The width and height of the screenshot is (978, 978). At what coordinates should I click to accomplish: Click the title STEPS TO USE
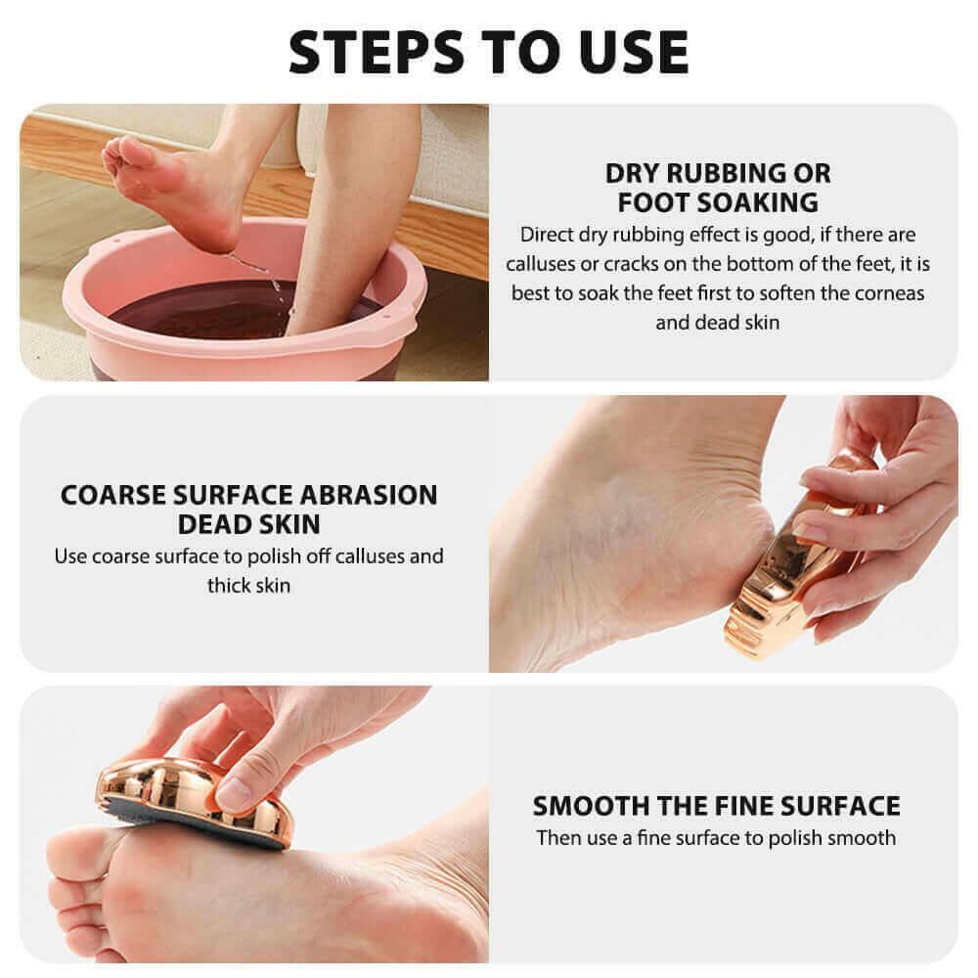pos(488,51)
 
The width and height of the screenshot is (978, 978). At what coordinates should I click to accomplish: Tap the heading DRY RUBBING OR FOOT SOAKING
pos(718,188)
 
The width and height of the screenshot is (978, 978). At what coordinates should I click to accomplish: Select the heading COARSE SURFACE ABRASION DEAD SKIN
pos(248,509)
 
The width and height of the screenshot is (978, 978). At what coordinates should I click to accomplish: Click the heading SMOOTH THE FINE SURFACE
pos(716,806)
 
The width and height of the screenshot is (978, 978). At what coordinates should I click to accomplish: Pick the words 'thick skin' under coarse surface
pos(248,585)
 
